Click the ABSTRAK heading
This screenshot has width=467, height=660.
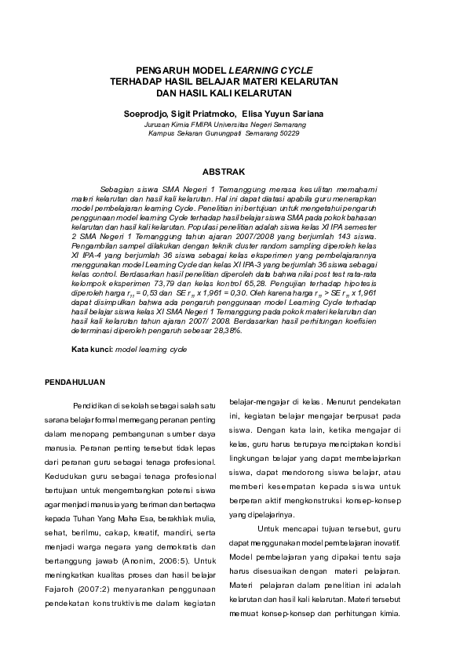click(x=224, y=171)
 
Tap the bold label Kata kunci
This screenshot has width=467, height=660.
click(x=91, y=348)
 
